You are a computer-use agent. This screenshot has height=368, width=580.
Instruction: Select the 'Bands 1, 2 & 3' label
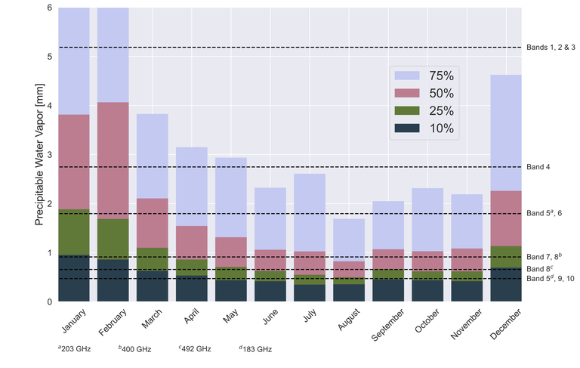click(x=551, y=48)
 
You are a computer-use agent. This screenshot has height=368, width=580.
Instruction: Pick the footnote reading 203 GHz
click(x=75, y=349)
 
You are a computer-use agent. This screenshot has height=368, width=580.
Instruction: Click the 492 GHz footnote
click(x=196, y=349)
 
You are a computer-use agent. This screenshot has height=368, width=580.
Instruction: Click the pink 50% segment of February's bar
click(x=113, y=160)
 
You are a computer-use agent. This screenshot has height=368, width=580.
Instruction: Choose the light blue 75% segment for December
click(x=506, y=132)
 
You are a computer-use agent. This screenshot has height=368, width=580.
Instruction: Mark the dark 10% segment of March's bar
click(x=152, y=286)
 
